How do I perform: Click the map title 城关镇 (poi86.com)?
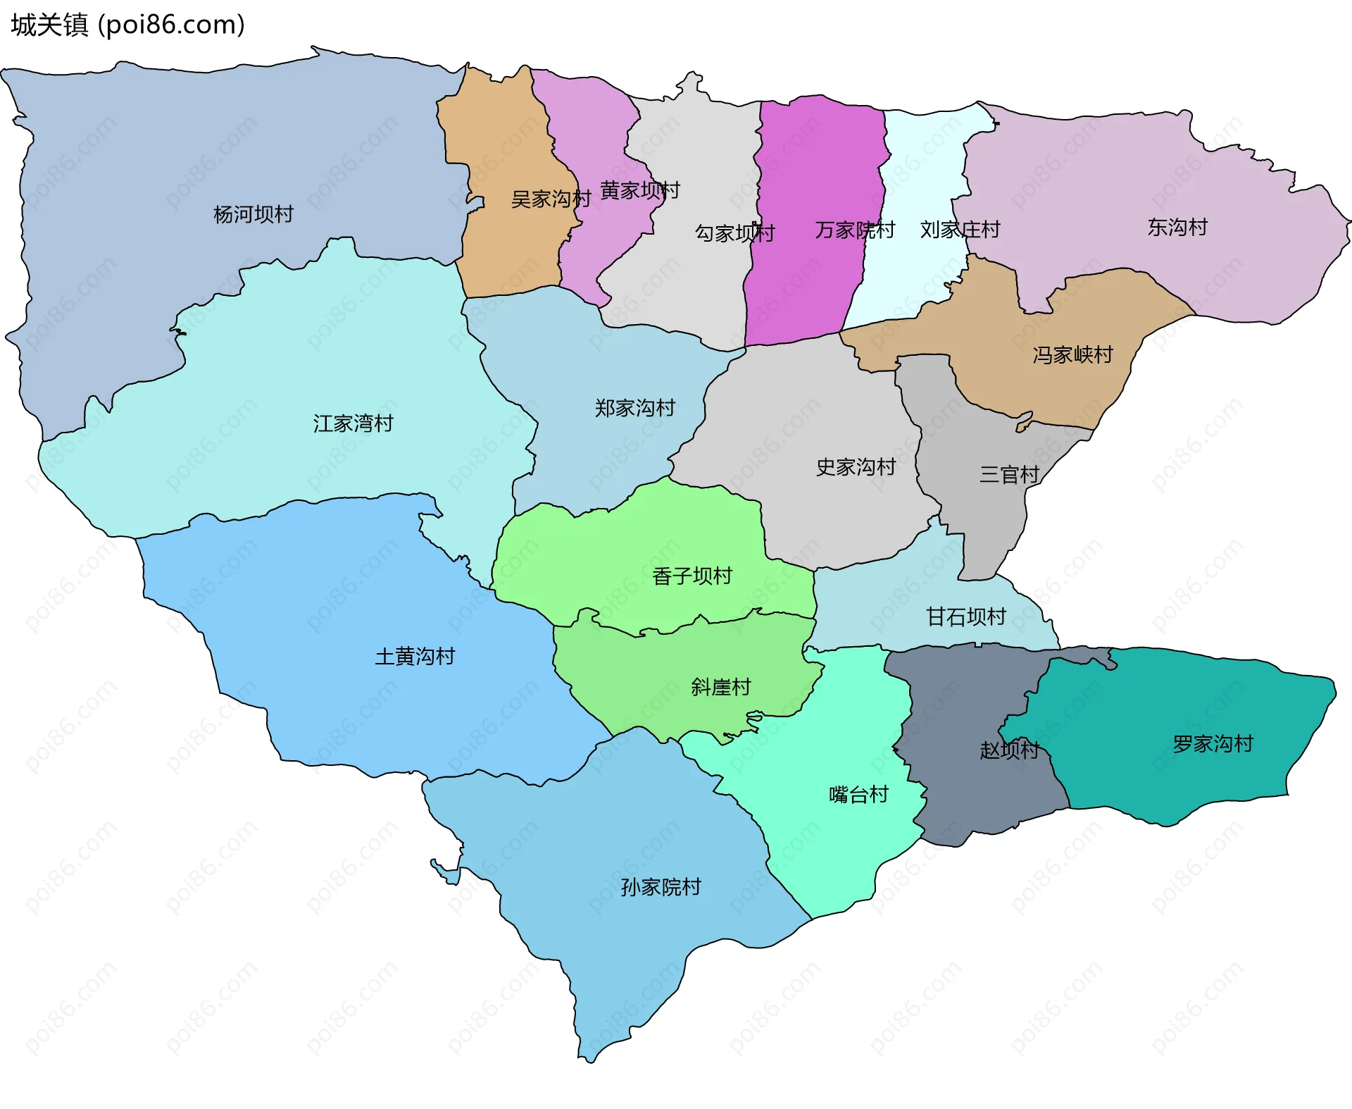pos(127,25)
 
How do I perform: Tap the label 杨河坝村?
pos(253,214)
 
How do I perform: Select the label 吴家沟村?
pos(551,199)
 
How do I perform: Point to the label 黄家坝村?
pos(639,190)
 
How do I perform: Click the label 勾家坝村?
pos(734,233)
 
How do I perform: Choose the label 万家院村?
pos(854,230)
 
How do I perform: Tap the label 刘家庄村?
pos(960,230)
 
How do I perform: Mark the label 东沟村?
pos(1177,227)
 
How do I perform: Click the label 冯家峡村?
pos(1072,354)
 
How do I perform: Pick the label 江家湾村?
pos(353,423)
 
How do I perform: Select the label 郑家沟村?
pos(634,408)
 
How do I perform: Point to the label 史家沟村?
pos(856,467)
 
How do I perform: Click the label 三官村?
pos(1009,475)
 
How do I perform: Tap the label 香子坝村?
pos(691,576)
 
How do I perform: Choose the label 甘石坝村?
pos(965,617)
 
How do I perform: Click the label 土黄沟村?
pos(415,657)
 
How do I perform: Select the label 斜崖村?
pos(720,687)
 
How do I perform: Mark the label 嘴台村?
pos(858,795)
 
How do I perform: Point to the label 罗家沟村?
pos(1213,744)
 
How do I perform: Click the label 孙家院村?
pos(661,887)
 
